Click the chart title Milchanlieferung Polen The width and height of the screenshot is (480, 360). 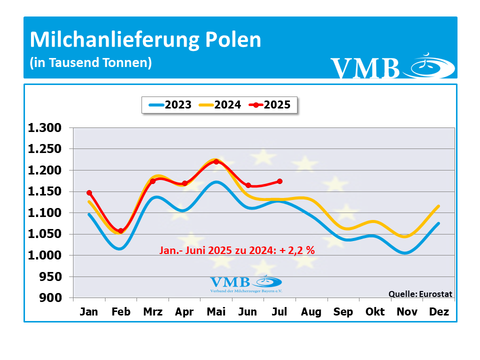pos(145,40)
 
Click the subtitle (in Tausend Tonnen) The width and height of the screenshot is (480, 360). pos(90,63)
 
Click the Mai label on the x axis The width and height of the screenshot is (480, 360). pos(216,312)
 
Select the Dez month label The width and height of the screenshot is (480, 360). pos(439,312)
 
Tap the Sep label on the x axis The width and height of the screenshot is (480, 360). pos(343,312)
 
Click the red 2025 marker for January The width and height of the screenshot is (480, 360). pos(89,192)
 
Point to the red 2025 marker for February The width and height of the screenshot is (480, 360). pos(121,231)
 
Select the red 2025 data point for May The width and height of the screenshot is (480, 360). pos(216,161)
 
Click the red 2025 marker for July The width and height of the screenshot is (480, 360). pos(279,181)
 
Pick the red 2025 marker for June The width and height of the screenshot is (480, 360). pos(248,185)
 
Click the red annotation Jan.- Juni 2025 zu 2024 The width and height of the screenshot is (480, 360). pos(236,250)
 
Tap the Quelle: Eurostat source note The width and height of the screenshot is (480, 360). pos(420,294)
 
